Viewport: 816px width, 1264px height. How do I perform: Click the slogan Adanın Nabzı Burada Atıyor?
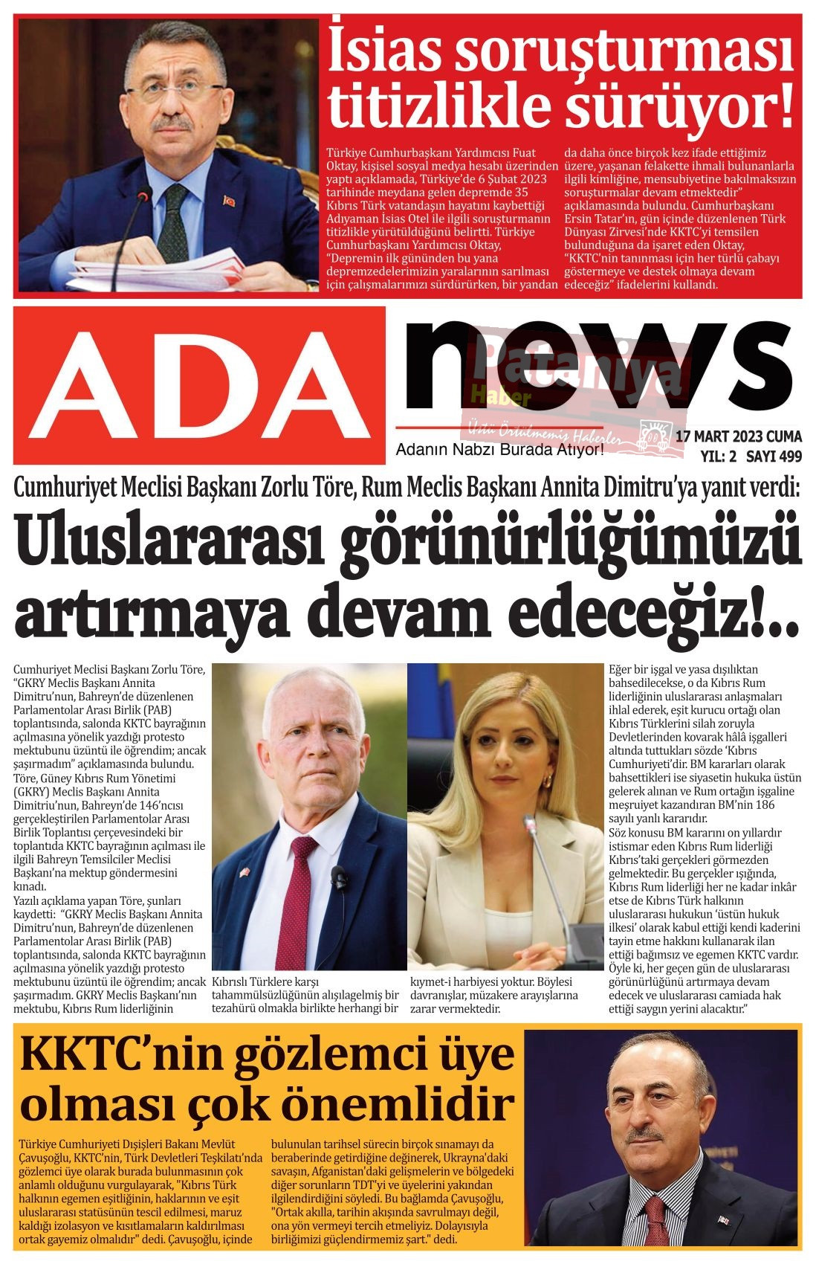499,450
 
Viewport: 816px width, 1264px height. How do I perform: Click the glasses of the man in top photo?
174,92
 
